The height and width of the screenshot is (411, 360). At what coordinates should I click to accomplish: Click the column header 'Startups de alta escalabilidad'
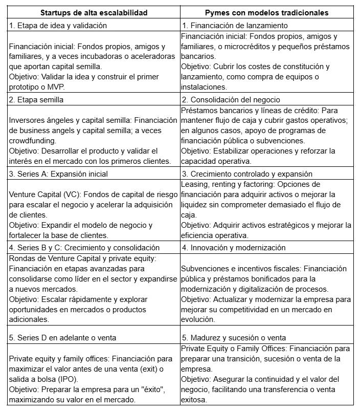click(x=93, y=12)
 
